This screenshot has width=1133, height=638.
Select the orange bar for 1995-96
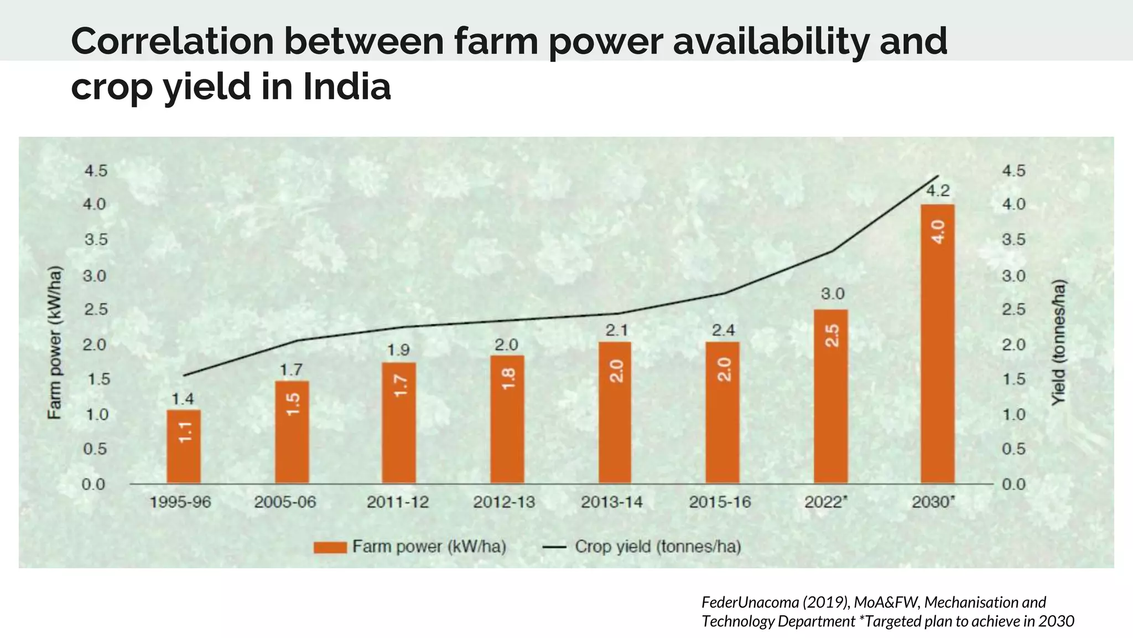pos(184,446)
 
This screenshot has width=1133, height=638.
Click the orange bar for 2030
pos(937,343)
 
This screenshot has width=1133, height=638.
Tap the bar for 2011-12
pos(398,423)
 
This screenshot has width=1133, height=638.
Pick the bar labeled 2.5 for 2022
pos(830,396)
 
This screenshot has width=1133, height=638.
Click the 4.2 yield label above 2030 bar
pos(938,191)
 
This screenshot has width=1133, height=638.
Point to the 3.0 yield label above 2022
pos(832,294)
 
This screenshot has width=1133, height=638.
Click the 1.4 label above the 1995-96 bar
pos(183,399)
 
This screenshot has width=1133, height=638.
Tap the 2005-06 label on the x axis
pos(285,502)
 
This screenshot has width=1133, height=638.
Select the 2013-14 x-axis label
pos(611,502)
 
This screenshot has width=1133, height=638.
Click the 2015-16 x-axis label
pos(720,502)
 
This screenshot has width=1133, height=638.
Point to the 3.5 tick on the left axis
pos(95,240)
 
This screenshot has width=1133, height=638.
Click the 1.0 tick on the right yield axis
pos(1014,415)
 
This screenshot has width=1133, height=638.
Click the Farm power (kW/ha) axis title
pos(54,343)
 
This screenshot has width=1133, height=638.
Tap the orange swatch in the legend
pos(330,547)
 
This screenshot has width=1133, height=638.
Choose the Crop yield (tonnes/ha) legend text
pos(657,547)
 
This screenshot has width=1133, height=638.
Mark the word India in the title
pos(347,87)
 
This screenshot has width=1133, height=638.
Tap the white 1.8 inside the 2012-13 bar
pos(507,379)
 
